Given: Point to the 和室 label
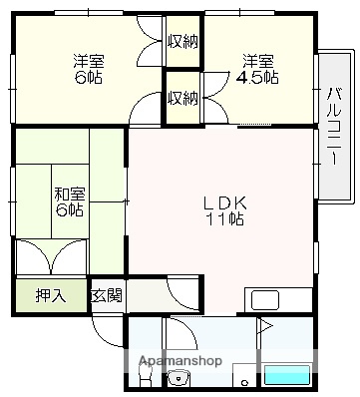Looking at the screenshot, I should (x=68, y=192).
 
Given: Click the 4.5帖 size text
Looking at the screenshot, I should (x=257, y=77).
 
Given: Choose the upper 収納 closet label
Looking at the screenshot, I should (x=182, y=41).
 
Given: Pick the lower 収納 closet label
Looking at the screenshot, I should (x=182, y=98).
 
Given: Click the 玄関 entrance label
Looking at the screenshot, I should (x=107, y=295).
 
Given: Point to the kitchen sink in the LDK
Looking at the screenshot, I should (x=267, y=299).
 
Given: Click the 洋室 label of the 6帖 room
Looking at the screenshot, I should (x=88, y=60).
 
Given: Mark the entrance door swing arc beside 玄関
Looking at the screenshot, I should (x=182, y=294).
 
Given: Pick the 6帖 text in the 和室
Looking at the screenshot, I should (x=68, y=209).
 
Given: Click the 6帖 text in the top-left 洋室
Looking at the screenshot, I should (x=88, y=78).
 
